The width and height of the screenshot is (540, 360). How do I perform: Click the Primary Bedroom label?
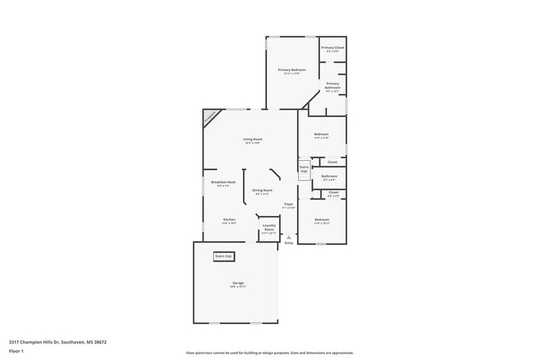pyautogui.click(x=291, y=70)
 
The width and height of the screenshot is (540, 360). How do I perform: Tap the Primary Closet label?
pyautogui.click(x=332, y=48)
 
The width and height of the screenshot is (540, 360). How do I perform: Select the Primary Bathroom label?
pyautogui.click(x=332, y=86)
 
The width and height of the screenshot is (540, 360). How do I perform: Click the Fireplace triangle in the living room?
pyautogui.click(x=209, y=116)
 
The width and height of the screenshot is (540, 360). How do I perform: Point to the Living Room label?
pyautogui.click(x=253, y=140)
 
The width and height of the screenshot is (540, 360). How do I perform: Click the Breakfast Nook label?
pyautogui.click(x=223, y=182)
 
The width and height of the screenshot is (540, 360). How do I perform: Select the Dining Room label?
pyautogui.click(x=263, y=190)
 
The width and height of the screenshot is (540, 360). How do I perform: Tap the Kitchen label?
pyautogui.click(x=229, y=219)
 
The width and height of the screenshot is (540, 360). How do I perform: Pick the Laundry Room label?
pyautogui.click(x=269, y=227)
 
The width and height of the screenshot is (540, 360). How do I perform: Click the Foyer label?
pyautogui.click(x=288, y=204)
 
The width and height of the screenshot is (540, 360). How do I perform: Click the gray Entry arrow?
pyautogui.click(x=289, y=236)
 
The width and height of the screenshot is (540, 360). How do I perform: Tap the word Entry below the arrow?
pyautogui.click(x=289, y=243)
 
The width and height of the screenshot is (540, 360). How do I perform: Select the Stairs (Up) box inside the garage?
pyautogui.click(x=223, y=256)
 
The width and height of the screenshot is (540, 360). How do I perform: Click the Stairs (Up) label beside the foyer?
pyautogui.click(x=304, y=168)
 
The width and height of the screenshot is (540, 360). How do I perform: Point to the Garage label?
pyautogui.click(x=238, y=283)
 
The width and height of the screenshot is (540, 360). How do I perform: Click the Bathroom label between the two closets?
pyautogui.click(x=329, y=176)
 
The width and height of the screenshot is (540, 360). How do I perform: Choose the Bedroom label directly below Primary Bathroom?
pyautogui.click(x=321, y=134)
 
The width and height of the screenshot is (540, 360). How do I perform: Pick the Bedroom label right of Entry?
pyautogui.click(x=322, y=219)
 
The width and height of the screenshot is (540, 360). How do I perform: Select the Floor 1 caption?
pyautogui.click(x=16, y=351)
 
